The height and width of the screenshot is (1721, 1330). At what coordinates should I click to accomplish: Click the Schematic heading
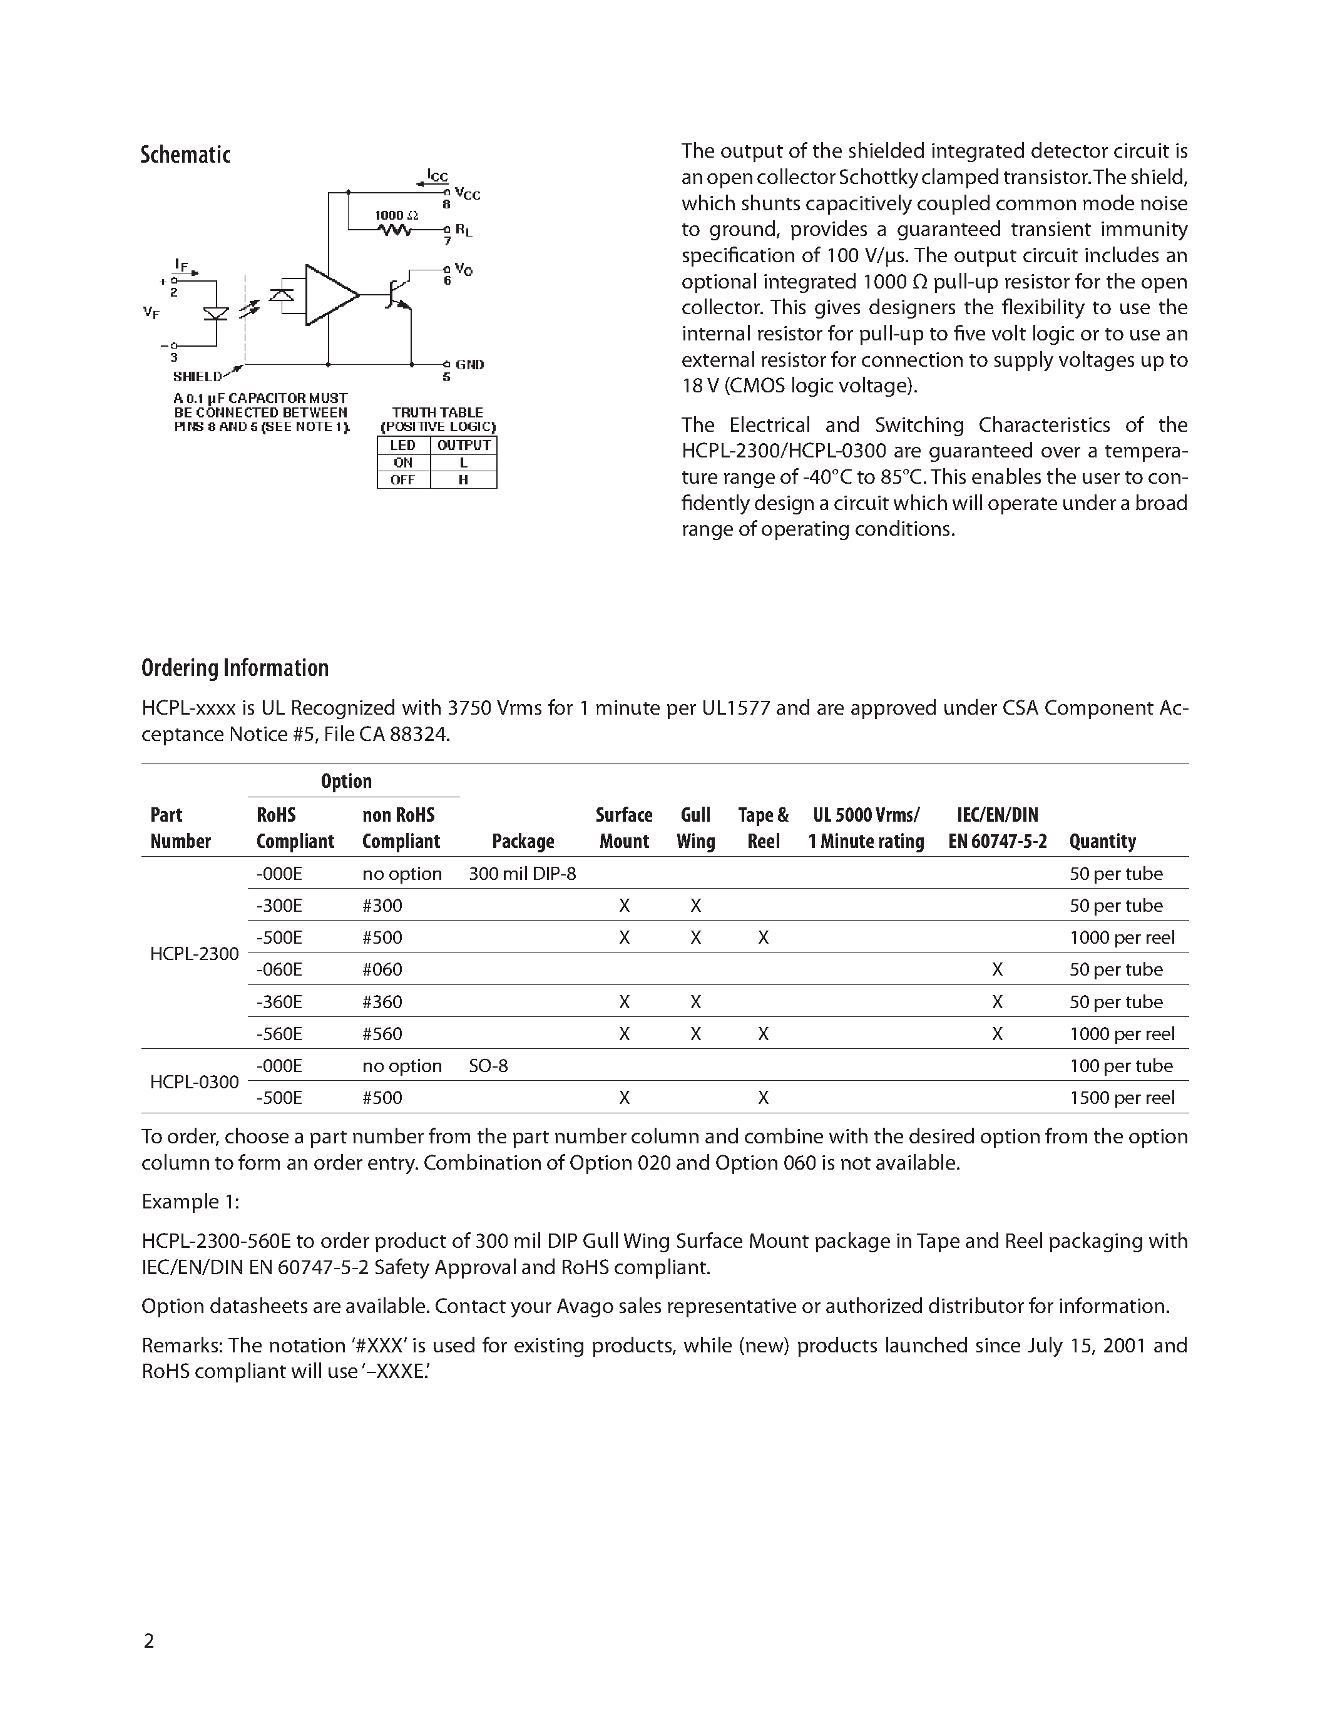[185, 155]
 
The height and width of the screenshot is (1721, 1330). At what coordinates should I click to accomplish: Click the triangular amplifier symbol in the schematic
[329, 295]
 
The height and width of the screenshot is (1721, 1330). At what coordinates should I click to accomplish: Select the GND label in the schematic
[469, 365]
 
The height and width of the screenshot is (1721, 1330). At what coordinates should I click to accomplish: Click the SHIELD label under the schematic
[198, 377]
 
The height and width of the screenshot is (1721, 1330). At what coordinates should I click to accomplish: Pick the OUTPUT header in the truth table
[464, 445]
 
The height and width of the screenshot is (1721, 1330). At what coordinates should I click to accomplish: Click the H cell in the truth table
[463, 480]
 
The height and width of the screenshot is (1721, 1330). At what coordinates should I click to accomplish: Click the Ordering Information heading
[235, 668]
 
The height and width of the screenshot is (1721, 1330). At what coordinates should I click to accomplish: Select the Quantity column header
[1102, 841]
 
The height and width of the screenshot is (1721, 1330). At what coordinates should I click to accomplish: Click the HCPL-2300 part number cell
[194, 954]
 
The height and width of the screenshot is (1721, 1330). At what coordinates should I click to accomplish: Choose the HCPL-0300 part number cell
[194, 1082]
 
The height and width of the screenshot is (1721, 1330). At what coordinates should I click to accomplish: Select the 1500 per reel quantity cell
[1121, 1098]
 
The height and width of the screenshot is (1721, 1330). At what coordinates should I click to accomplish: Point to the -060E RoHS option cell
[279, 969]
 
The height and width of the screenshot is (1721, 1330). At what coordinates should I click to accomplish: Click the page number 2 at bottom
[149, 1641]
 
